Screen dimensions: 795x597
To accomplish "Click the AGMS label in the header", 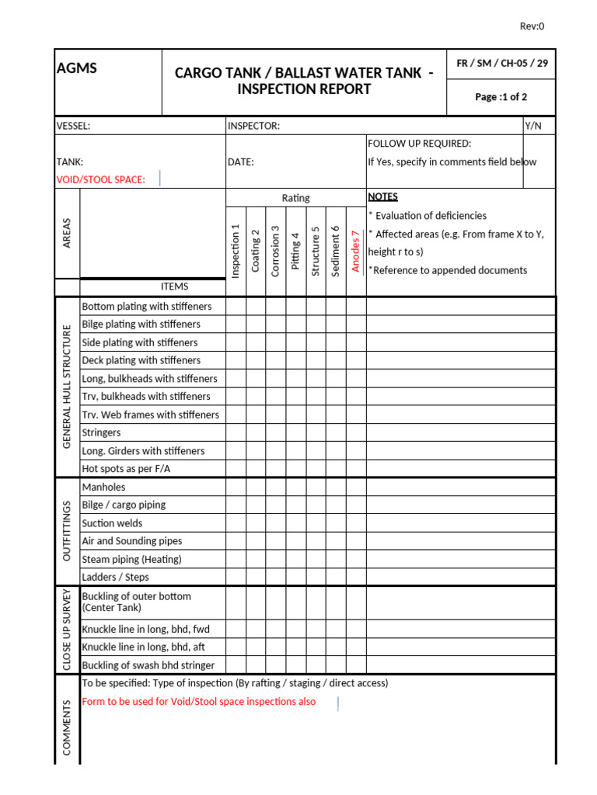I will (x=77, y=68).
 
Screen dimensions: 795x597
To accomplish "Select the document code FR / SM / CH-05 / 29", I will (x=501, y=64).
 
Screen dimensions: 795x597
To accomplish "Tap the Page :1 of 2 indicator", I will (x=501, y=97).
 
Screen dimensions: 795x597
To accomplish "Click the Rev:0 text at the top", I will (x=532, y=26).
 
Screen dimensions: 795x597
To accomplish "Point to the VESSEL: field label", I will (x=74, y=126).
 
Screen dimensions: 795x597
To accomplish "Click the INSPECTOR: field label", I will (x=253, y=126).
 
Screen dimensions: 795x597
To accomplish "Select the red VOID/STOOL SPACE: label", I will (x=101, y=179).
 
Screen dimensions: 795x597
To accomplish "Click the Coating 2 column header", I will (x=256, y=251).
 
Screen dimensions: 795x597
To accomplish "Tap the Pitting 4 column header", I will (x=295, y=251).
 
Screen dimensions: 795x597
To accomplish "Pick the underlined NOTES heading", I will (x=382, y=197).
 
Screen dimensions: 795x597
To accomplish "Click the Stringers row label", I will (x=101, y=432).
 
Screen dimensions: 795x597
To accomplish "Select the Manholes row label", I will (x=103, y=487).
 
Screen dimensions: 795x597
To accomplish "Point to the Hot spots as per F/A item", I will (x=126, y=469).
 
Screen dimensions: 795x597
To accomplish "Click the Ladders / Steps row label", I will (x=115, y=577).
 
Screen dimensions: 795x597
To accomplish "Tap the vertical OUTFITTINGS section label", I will (x=67, y=531).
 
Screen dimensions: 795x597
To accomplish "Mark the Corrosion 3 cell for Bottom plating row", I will (x=276, y=306).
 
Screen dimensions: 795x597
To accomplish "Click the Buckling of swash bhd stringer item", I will (x=148, y=665).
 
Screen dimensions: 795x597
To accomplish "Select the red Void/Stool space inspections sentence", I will (x=199, y=701).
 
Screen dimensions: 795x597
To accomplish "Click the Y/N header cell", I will (x=533, y=126).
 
